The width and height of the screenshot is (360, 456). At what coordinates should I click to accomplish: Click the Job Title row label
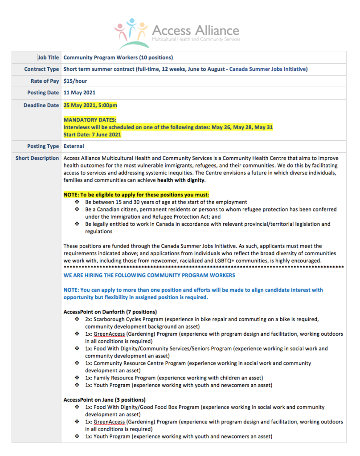[x=48, y=57]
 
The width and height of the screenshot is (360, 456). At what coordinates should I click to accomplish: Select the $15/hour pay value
[x=75, y=81]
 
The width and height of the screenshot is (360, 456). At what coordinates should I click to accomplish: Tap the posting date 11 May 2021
[x=79, y=93]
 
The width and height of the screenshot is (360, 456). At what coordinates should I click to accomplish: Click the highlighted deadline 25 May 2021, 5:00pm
[x=90, y=106]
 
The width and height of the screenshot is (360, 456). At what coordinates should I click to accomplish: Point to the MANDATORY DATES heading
[x=90, y=120]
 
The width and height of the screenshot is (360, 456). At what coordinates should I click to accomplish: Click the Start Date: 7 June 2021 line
[x=92, y=134]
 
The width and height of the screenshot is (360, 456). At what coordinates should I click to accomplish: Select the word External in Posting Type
[x=74, y=146]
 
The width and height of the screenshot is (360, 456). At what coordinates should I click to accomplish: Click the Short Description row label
[x=37, y=158]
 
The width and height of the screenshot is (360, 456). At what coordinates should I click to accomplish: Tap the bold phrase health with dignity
[x=181, y=180]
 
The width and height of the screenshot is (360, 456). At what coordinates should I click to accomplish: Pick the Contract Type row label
[x=41, y=69]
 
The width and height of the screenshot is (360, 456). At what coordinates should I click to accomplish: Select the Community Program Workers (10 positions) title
[x=118, y=57]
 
